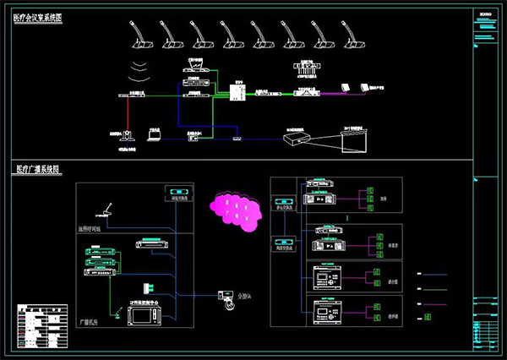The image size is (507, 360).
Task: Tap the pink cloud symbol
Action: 237,207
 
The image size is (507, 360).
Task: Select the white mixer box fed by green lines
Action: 237,91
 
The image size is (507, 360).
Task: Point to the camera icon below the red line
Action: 126,134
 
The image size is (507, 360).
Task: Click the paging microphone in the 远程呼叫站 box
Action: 106,209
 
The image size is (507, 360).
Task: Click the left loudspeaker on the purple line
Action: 344,86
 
